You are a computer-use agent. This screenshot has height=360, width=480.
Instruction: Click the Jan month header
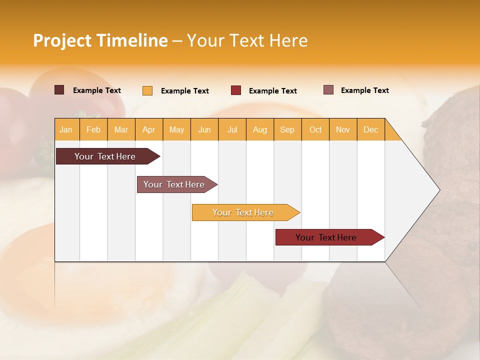(x=66, y=129)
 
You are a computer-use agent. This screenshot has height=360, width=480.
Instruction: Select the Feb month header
(x=93, y=129)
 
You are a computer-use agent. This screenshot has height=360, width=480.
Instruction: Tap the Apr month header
(x=149, y=129)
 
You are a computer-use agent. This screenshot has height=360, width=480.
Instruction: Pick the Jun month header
(x=204, y=129)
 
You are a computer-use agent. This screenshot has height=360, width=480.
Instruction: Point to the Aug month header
(x=260, y=129)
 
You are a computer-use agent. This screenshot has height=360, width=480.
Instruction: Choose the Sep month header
(x=287, y=129)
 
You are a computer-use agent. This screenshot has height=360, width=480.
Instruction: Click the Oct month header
(x=315, y=129)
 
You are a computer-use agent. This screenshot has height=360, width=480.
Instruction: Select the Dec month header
(x=371, y=129)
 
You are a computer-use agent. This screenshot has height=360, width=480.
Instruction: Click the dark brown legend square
(x=59, y=90)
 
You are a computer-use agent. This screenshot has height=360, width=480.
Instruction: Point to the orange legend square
(x=147, y=90)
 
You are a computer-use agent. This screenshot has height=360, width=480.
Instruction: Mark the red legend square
(x=236, y=90)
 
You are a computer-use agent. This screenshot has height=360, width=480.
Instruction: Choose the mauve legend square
(x=328, y=90)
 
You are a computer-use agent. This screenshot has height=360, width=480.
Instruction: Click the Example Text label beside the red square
(x=273, y=91)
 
